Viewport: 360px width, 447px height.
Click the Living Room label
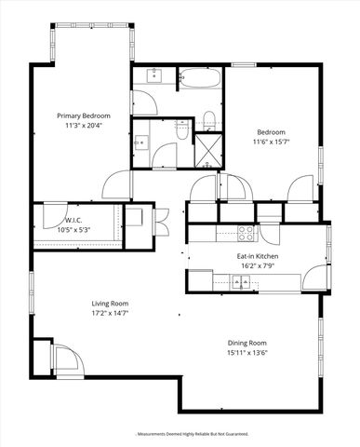[x=109, y=304]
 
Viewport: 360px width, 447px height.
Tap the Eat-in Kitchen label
[x=258, y=255]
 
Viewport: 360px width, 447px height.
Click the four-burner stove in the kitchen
[x=246, y=230]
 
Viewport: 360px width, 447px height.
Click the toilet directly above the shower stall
[x=209, y=117]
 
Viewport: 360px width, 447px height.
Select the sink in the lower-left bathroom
[x=141, y=142]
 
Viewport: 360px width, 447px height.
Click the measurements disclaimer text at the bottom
[x=180, y=433]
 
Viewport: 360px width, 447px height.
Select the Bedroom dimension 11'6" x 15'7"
[x=272, y=142]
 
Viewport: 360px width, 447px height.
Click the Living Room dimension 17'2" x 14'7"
[x=109, y=314]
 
